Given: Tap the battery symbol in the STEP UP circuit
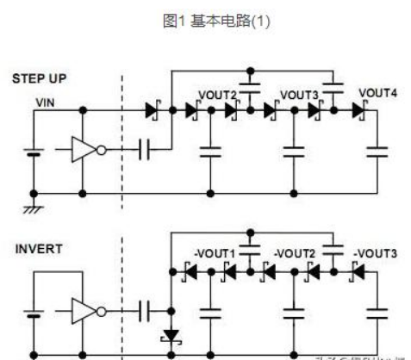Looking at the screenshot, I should [x=34, y=152].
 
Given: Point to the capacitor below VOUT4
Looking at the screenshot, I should [x=377, y=152].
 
